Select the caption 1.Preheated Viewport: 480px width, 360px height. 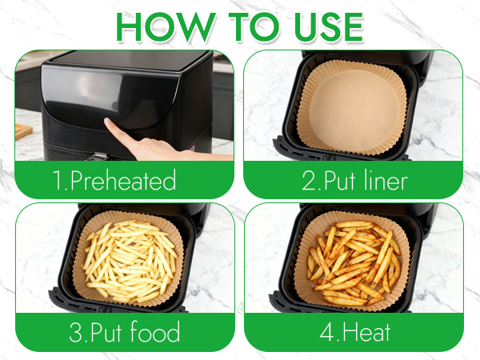pos(114,181)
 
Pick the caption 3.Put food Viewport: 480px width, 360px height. pos(123,332)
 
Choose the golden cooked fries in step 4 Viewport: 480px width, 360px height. pos(353,260)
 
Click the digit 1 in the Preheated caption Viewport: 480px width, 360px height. pos(58,181)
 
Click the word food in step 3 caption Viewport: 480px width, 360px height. pos(151,332)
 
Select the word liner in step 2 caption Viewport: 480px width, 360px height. pos(382,181)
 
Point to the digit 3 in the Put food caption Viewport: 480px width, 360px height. pos(77,332)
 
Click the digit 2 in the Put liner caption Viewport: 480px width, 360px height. pos(309,181)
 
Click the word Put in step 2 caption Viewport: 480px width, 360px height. pos(337,181)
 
